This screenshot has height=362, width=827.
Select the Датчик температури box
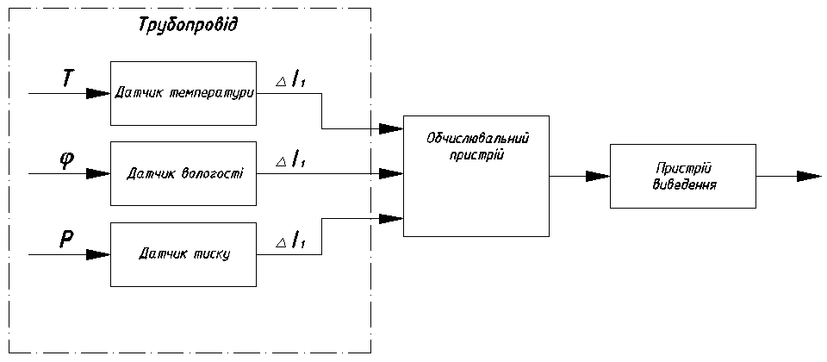[183, 92]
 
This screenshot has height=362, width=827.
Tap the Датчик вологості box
[183, 173]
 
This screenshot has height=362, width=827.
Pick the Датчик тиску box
[183, 254]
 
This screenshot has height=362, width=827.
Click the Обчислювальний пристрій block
[476, 176]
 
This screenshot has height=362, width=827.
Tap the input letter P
[66, 241]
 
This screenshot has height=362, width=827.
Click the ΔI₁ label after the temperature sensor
[291, 80]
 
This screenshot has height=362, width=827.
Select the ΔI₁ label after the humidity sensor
[291, 160]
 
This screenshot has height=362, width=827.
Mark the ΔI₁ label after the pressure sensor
[291, 243]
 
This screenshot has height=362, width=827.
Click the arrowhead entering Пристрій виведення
[598, 177]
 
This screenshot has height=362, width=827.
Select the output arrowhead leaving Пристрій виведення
[809, 177]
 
